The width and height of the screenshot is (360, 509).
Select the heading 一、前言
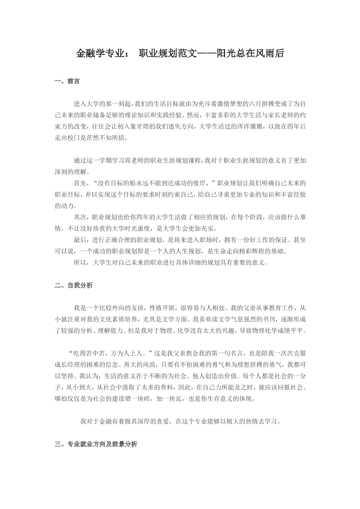coord(67,82)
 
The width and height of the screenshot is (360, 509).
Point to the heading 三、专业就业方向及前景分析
coord(95,444)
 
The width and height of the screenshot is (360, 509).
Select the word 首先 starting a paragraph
coord(80,183)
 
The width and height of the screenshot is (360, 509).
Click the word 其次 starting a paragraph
coord(80,217)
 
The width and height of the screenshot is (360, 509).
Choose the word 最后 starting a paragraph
coord(80,240)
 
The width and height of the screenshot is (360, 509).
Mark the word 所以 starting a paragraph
coord(80,262)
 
